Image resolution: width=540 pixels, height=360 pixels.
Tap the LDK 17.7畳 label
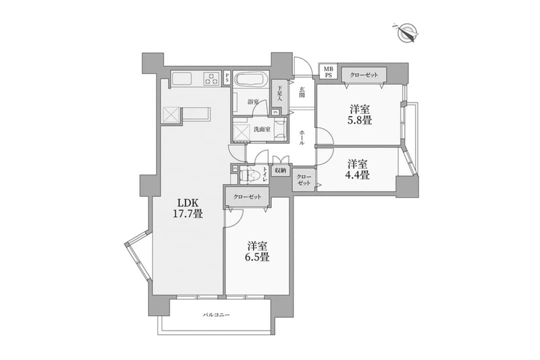(187, 207)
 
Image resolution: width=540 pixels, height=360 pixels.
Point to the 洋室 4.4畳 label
(357, 169)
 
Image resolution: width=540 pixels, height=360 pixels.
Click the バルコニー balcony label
(216, 314)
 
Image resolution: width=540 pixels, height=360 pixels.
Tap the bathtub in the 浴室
(250, 79)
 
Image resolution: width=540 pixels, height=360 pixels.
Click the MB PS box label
(328, 72)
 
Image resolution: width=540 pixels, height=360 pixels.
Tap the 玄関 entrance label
(301, 92)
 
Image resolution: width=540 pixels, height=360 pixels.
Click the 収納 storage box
(280, 170)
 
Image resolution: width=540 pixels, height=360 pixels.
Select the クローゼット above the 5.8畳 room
(364, 75)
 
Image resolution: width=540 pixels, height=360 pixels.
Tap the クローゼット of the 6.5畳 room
(247, 197)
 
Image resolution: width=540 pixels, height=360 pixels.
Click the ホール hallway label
(301, 137)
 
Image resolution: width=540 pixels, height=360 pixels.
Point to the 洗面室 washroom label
(262, 129)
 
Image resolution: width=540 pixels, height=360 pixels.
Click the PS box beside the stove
(227, 77)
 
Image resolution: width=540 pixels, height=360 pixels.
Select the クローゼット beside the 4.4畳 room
(304, 180)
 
